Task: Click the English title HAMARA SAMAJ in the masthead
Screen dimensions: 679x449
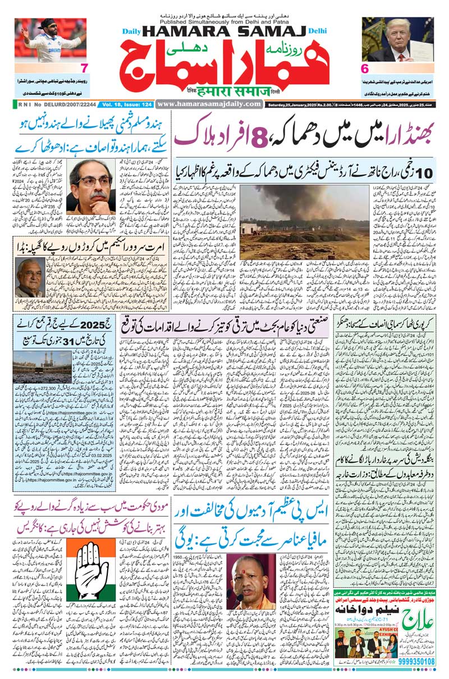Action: (222, 33)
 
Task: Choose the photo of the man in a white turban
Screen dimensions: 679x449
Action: (28, 278)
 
